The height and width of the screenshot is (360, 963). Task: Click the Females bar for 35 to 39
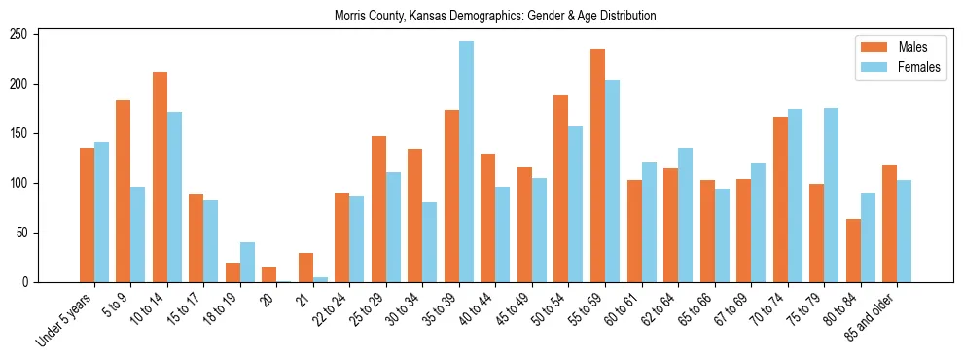(x=467, y=162)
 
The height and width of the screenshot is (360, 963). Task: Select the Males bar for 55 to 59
(x=597, y=165)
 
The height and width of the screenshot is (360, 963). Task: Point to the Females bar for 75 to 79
(x=831, y=195)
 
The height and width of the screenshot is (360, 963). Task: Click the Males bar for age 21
(x=305, y=268)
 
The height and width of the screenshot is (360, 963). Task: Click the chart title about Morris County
(x=495, y=16)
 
